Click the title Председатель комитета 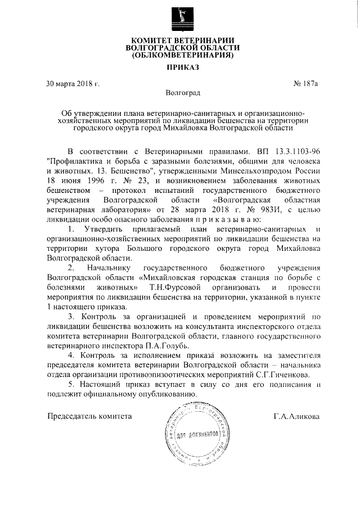(89, 417)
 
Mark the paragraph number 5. (70, 385)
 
